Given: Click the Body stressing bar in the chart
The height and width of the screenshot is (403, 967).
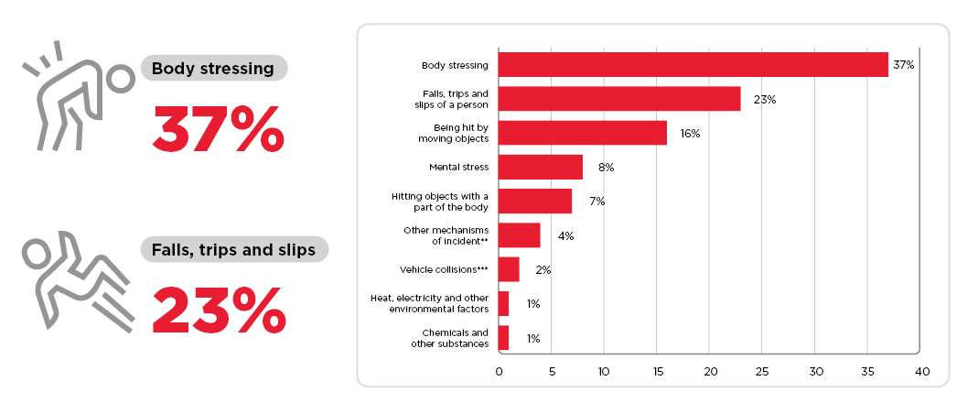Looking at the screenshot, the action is [693, 65].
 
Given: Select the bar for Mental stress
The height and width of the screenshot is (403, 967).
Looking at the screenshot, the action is [541, 168].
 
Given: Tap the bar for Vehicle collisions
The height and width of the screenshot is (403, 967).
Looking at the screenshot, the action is [509, 269].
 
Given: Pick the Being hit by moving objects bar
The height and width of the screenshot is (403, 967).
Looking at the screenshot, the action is [583, 133].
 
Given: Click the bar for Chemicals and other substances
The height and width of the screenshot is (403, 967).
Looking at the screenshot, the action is [503, 338].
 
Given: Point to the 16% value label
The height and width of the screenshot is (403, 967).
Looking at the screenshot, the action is [690, 134].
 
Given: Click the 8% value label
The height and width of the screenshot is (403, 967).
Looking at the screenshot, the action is [606, 168].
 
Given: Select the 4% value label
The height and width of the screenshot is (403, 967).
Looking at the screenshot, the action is [565, 235].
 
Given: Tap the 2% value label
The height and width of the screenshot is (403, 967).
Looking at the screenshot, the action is [543, 269].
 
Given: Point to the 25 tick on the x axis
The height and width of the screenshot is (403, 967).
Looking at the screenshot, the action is [762, 372].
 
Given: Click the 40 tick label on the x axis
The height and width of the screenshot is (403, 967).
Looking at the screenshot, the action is [922, 372].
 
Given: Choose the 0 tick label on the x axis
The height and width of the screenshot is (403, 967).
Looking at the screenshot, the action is [499, 372].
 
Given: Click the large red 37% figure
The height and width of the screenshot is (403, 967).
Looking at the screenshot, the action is [219, 130].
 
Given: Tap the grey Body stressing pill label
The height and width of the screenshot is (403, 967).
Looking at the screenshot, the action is [213, 68].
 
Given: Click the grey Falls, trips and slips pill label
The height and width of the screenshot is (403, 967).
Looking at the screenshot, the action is [233, 249].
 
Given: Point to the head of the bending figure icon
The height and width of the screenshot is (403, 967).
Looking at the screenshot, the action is [120, 79].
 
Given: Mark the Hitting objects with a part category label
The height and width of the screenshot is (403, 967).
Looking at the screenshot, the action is [440, 196].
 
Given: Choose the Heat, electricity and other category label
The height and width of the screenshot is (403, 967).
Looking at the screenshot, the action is [430, 298].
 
